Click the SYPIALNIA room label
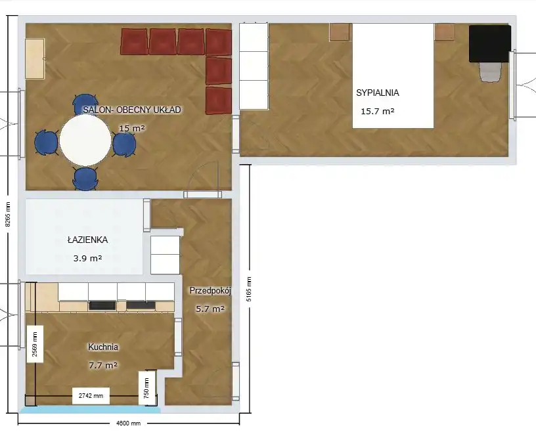coord(378,93)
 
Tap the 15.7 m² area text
coord(378,111)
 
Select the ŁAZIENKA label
coord(87,240)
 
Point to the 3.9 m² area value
coord(87,258)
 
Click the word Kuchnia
coord(103,347)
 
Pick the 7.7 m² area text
coord(103,365)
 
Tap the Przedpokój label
coord(211,291)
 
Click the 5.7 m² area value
coord(210,309)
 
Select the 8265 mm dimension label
coord(8,214)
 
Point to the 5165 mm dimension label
coord(249,289)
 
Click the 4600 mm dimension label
coord(129,423)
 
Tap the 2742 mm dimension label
coord(91,396)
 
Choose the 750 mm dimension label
coord(146,388)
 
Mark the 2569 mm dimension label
coord(35,344)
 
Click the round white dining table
coord(85,140)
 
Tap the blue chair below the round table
coord(85,179)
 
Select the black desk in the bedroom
coord(490,43)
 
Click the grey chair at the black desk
coord(491,72)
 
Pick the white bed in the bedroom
coord(393,76)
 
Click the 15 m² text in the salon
coord(132,129)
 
